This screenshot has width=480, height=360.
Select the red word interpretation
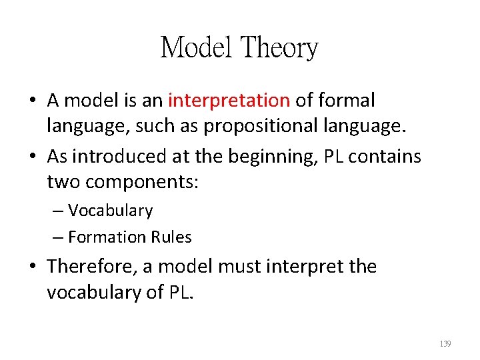tap(229, 101)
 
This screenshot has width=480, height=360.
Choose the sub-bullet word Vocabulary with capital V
tap(110, 211)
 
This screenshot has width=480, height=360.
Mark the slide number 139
tap(445, 344)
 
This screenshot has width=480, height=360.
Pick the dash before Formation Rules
tap(58, 237)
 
